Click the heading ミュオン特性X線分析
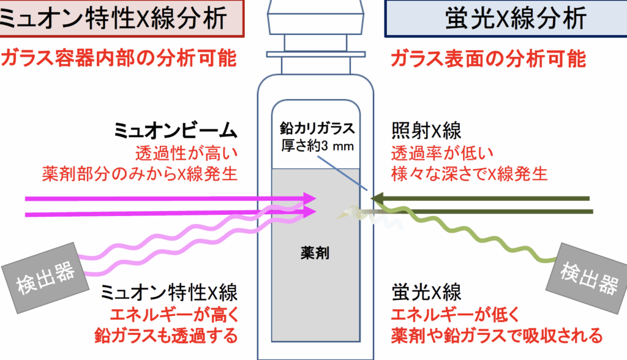point(119,18)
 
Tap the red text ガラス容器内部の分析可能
point(119,59)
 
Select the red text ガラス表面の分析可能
point(488,59)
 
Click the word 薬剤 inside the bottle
point(315,252)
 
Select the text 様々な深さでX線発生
point(469,173)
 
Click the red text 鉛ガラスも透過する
point(165,335)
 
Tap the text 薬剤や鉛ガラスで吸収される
point(497,335)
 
